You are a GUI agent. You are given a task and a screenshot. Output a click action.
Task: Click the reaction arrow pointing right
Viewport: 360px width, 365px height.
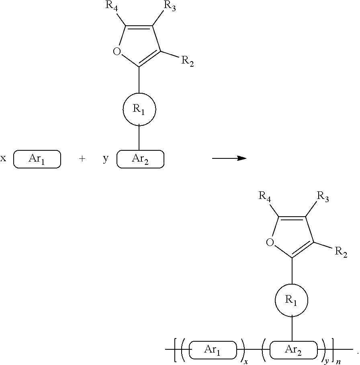(229, 158)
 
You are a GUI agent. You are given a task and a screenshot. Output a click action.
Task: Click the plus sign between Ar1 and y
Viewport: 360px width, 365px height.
(82, 159)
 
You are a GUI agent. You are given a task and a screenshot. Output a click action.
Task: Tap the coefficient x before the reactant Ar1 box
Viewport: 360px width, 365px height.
(3, 158)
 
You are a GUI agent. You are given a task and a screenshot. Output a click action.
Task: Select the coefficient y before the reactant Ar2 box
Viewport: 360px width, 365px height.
(105, 159)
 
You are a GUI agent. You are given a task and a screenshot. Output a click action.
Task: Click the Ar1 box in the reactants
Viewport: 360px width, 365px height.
(37, 159)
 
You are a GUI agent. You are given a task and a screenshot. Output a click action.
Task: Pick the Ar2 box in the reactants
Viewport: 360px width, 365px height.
(140, 159)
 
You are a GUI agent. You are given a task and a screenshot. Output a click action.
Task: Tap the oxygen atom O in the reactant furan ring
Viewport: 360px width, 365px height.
(117, 51)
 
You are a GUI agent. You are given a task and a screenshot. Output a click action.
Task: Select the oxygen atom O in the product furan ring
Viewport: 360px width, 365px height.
(270, 242)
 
